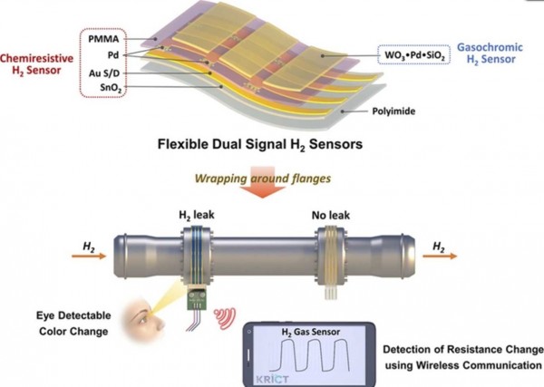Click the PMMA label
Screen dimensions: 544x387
tap(103, 39)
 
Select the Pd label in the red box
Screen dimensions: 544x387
tap(113, 55)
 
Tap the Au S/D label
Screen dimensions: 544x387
tap(104, 73)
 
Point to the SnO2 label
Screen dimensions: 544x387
tap(111, 87)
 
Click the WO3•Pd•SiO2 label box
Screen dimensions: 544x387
tap(414, 54)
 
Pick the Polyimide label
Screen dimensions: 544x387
tap(393, 111)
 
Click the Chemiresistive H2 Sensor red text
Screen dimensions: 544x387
tap(37, 64)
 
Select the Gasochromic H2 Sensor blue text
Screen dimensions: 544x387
tap(490, 53)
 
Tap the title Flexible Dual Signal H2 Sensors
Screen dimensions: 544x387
tap(260, 144)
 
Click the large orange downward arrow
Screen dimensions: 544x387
tap(262, 182)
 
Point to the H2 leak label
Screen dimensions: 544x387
tap(197, 215)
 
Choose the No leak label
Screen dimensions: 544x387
tap(331, 216)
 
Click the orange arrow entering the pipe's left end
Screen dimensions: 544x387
tap(89, 256)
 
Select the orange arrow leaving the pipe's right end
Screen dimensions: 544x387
tap(440, 256)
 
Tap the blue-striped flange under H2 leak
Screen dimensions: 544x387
tap(197, 256)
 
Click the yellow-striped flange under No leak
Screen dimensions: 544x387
tap(331, 256)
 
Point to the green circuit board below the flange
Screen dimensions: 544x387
tap(197, 297)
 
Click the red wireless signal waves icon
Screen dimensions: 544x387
tap(225, 318)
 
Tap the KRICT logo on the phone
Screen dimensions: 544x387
tap(272, 378)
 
